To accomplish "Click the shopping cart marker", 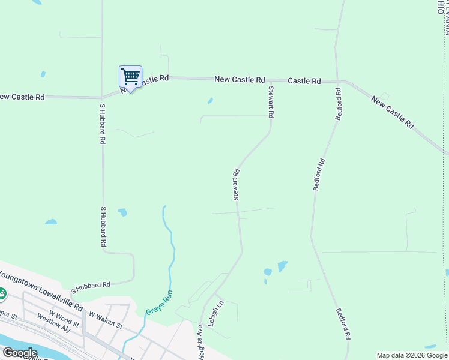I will (x=130, y=77).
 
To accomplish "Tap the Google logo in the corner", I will (x=20, y=353).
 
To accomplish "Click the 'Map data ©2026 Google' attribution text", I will (x=412, y=355).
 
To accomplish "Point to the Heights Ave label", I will (x=199, y=343).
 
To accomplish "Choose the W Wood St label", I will (x=64, y=315).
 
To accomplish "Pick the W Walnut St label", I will (x=106, y=320).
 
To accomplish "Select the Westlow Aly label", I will (x=58, y=323).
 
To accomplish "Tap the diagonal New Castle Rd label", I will (x=393, y=112).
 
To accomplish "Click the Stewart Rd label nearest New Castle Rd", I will (x=271, y=102).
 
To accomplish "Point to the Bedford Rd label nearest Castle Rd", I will (x=339, y=104).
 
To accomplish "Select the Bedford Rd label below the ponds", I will (x=343, y=324).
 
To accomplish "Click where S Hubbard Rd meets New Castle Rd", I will (x=102, y=96).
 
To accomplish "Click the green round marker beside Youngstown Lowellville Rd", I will (x=2, y=294).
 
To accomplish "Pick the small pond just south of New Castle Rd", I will (x=209, y=101).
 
